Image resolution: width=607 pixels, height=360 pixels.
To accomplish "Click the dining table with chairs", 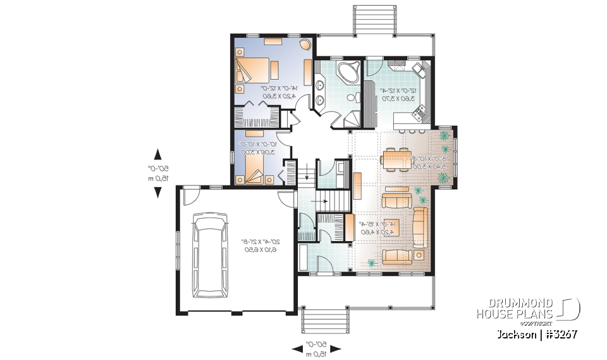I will pyautogui.click(x=397, y=159).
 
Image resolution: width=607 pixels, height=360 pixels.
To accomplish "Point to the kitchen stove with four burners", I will pyautogui.click(x=419, y=114).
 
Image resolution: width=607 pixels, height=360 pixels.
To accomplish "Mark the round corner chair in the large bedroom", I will pyautogui.click(x=304, y=46).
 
